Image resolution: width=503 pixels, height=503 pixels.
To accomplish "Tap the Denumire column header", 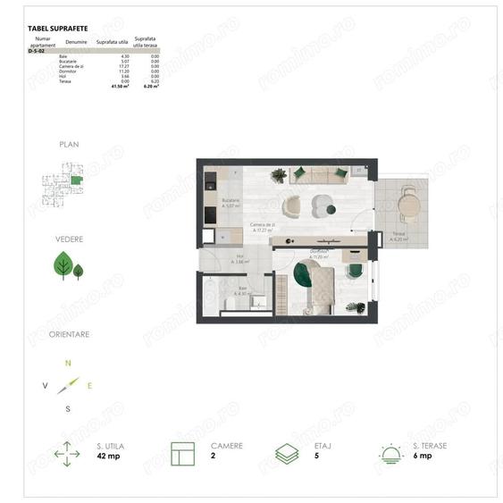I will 77,42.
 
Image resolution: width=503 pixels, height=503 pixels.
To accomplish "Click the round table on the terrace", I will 408,206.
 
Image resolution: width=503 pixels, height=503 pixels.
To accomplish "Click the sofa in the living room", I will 320,176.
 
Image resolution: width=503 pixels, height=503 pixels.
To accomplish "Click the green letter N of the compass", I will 68,364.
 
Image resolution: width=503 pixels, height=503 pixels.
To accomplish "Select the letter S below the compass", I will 68,408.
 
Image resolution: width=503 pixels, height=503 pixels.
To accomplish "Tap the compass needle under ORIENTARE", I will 68,386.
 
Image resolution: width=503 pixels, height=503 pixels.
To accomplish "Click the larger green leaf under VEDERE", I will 63,264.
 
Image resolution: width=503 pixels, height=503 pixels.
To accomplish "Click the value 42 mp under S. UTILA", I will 107,456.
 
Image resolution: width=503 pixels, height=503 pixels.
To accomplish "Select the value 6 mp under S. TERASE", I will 422,456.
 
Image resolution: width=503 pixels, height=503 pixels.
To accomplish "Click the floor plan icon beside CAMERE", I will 182,452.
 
